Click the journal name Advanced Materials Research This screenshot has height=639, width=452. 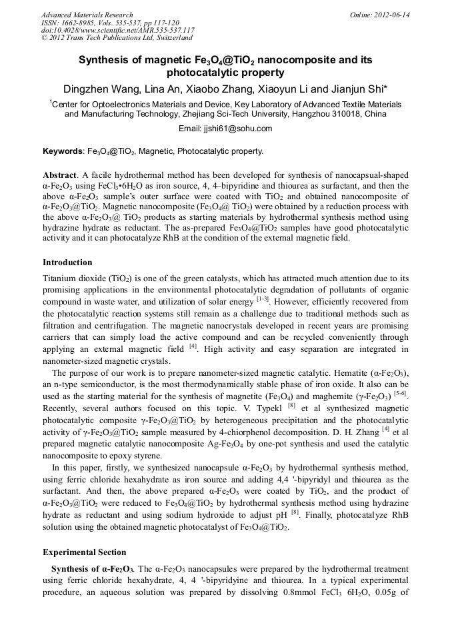(87, 15)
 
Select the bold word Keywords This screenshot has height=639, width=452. (63, 151)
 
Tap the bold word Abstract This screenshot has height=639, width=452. (61, 174)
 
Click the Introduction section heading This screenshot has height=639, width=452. (67, 263)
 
